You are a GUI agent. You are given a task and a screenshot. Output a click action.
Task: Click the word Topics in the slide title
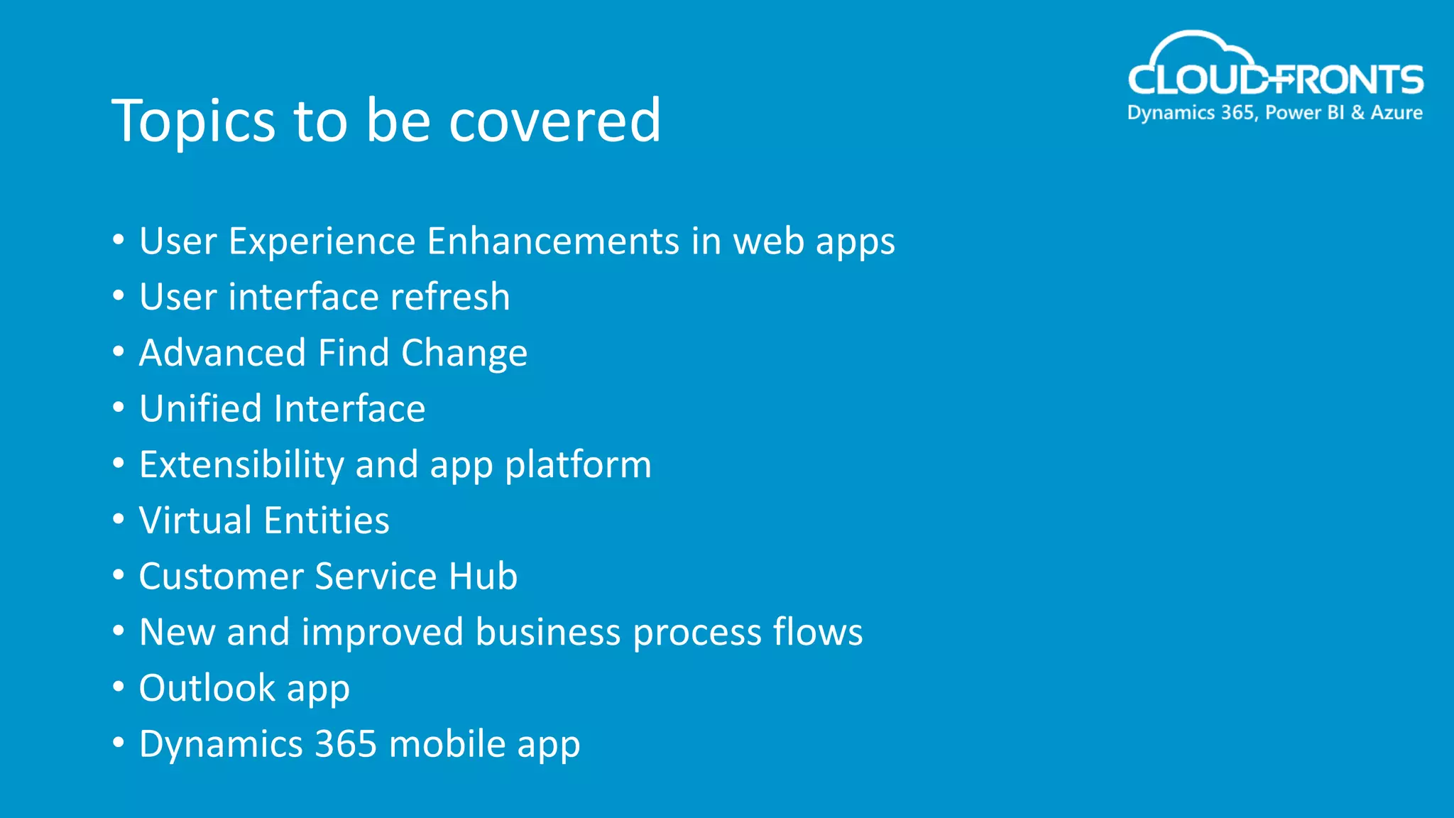pyautogui.click(x=193, y=121)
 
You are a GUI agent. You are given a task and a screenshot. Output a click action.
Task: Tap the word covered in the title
pyautogui.click(x=554, y=121)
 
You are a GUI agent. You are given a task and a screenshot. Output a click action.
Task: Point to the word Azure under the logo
pyautogui.click(x=1396, y=113)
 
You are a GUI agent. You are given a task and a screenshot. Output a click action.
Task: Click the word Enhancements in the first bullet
pyautogui.click(x=553, y=241)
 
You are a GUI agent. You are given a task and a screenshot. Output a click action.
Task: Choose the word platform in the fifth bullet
pyautogui.click(x=578, y=466)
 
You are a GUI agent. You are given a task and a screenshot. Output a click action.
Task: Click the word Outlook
pyautogui.click(x=207, y=688)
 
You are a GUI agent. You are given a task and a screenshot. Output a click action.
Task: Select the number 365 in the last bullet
pyautogui.click(x=346, y=744)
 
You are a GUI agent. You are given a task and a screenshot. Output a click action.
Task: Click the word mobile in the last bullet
pyautogui.click(x=447, y=744)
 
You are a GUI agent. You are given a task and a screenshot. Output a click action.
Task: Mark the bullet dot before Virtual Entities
pyautogui.click(x=119, y=519)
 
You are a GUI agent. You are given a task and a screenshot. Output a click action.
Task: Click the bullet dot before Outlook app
pyautogui.click(x=119, y=687)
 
